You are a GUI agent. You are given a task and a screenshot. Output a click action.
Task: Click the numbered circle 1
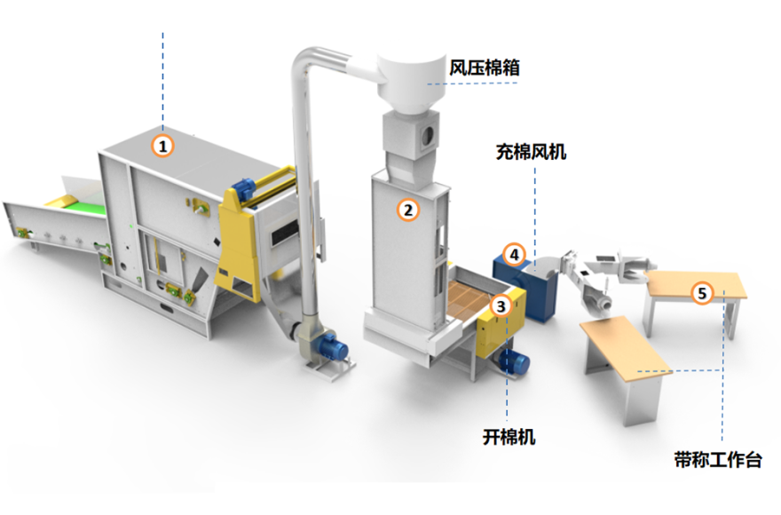(162, 143)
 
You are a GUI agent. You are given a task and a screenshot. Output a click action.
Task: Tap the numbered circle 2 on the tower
(407, 210)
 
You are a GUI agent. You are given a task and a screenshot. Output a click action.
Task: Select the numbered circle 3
(501, 305)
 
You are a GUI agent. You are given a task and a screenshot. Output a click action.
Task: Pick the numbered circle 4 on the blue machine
(514, 254)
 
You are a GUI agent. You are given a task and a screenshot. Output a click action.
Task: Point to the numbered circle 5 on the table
(702, 291)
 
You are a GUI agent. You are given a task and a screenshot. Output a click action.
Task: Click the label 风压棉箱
(485, 67)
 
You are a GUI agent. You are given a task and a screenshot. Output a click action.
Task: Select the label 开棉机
(509, 436)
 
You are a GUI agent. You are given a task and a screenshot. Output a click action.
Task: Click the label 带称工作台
(718, 460)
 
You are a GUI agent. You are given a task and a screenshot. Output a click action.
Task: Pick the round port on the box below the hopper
(428, 135)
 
